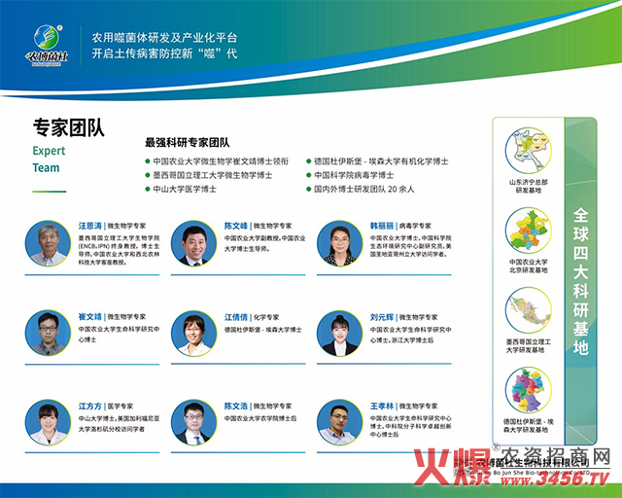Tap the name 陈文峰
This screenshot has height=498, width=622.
[236, 225]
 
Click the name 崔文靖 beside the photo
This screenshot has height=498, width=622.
[90, 316]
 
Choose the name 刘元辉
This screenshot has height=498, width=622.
[382, 316]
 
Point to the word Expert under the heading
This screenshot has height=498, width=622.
[50, 152]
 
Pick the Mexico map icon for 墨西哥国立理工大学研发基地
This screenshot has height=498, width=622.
[528, 311]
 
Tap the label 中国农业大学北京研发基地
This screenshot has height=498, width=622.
[528, 267]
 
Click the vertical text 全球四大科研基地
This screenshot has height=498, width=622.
[581, 282]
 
